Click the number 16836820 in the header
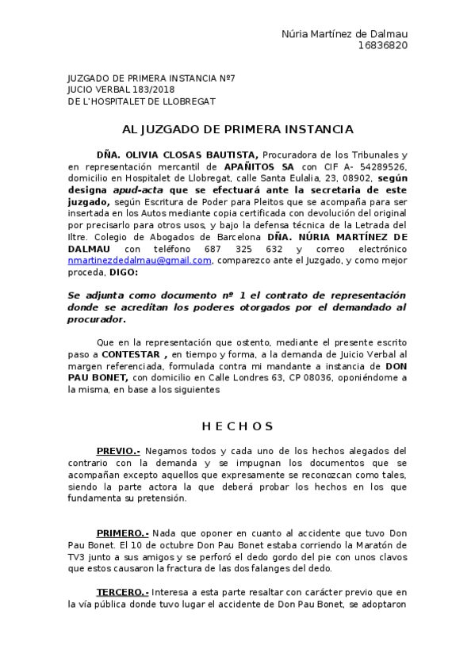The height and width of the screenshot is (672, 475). click(x=382, y=45)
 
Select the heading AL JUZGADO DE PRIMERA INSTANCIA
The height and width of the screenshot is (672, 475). click(x=237, y=129)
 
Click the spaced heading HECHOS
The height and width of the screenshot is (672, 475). click(x=237, y=426)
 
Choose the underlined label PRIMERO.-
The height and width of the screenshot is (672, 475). click(x=122, y=534)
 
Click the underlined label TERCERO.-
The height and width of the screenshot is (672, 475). click(x=122, y=592)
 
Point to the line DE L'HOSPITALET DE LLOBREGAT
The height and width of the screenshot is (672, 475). click(x=142, y=101)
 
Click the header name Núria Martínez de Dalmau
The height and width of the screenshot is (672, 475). click(x=344, y=33)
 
